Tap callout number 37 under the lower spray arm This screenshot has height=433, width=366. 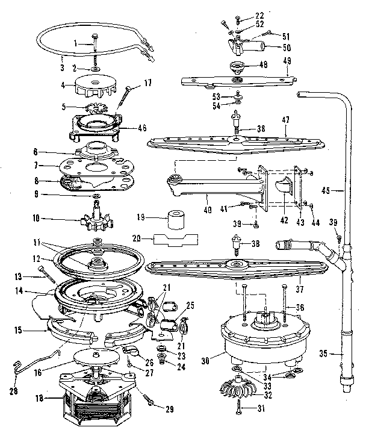[x=300, y=288]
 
